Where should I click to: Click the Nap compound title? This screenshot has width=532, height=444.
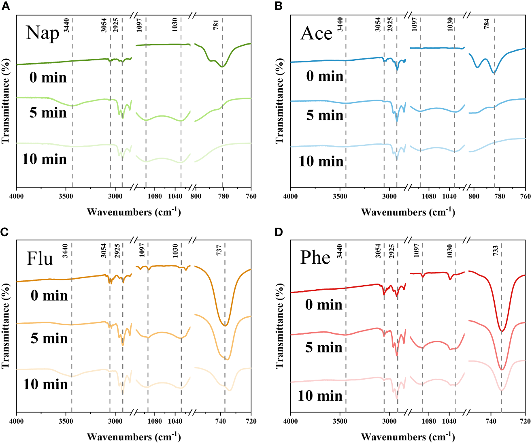point(43,33)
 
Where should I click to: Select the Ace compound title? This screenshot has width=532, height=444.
point(316,33)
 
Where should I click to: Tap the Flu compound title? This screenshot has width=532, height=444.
point(40,258)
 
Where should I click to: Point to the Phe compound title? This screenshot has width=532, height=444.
point(315,257)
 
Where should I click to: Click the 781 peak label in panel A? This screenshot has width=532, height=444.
point(216,25)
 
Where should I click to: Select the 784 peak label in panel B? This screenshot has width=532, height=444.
point(487,23)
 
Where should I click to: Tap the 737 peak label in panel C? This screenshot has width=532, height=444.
point(219,250)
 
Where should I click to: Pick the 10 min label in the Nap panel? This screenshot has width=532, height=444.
point(45,159)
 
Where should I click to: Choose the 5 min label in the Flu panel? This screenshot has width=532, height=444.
point(49,338)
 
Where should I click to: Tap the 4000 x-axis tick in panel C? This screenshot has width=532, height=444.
point(16,421)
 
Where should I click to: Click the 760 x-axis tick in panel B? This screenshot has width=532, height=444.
point(525,196)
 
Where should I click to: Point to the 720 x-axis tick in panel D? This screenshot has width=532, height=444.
point(525,421)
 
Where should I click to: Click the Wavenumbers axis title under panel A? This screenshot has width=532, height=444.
point(134,211)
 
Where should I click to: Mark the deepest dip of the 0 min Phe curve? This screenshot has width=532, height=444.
point(502,331)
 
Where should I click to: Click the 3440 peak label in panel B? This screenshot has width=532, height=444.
point(340,24)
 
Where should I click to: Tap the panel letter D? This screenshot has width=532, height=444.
point(279,232)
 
